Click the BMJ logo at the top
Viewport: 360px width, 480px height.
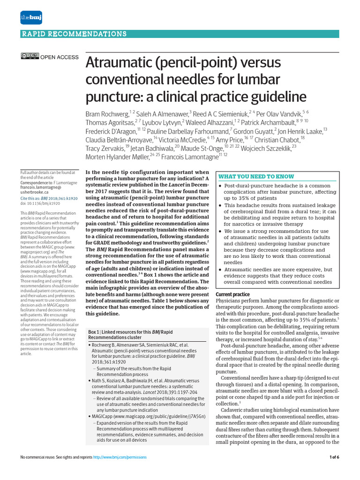(29, 17)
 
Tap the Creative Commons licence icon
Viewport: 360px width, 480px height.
(30, 57)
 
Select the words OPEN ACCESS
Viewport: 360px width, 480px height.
(60, 57)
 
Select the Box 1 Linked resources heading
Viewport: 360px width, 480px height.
(131, 335)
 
